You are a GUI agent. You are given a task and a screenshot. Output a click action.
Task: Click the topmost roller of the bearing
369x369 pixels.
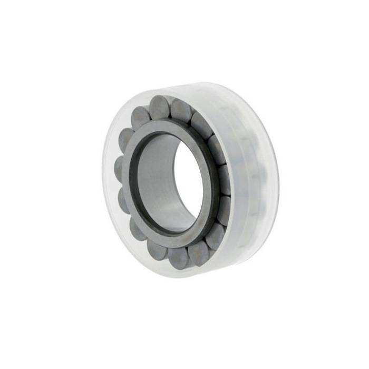click(159, 106)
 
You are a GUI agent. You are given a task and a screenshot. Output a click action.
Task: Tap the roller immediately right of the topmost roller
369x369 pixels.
click(181, 111)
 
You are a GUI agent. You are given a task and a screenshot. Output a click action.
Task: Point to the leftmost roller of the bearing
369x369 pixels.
click(119, 169)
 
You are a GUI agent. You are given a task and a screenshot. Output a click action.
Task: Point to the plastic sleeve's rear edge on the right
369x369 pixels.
click(275, 179)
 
